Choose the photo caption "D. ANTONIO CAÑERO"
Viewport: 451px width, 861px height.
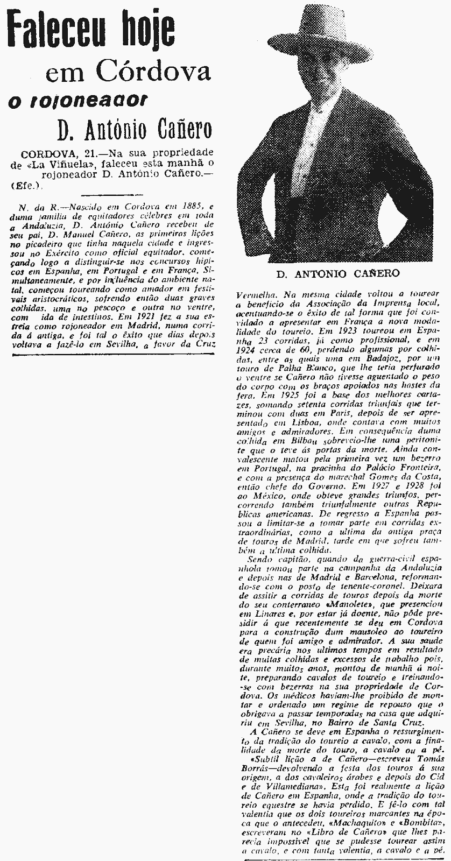pos(338,273)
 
